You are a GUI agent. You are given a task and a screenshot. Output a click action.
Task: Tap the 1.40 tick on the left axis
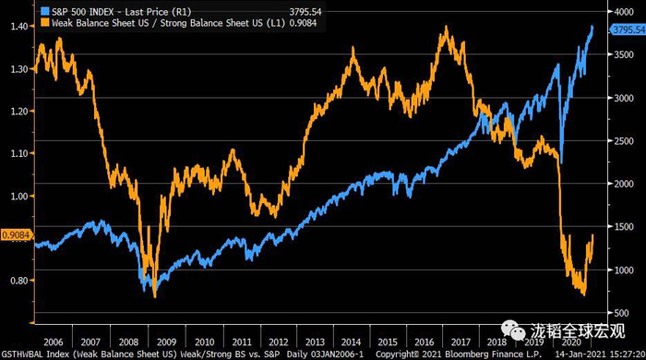(18, 27)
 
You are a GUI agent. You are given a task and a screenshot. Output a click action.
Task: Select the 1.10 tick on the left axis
(18, 154)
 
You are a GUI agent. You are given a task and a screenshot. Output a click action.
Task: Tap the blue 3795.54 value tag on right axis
(626, 30)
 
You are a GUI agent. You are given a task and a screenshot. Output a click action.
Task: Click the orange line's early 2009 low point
(154, 296)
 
